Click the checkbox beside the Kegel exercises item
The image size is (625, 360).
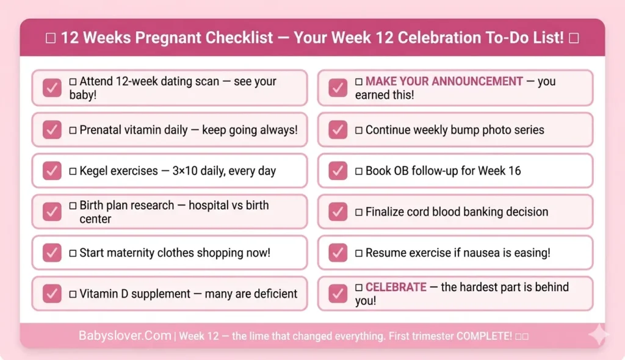(52, 170)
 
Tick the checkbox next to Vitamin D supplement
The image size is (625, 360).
(52, 293)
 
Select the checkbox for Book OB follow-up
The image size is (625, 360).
(338, 170)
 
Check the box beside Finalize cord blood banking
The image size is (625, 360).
(338, 212)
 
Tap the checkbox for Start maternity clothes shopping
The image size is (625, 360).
(52, 253)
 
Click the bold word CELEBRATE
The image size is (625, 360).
(396, 287)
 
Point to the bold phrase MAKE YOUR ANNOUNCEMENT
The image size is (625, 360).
(444, 81)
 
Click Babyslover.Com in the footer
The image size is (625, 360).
(125, 336)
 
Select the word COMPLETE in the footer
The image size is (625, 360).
(486, 336)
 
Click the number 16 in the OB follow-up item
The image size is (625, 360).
(514, 171)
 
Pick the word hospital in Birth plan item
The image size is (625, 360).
(209, 205)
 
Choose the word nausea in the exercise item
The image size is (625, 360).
(471, 253)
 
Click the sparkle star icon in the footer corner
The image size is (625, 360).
(598, 336)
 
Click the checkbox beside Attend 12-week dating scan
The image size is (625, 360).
(52, 88)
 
